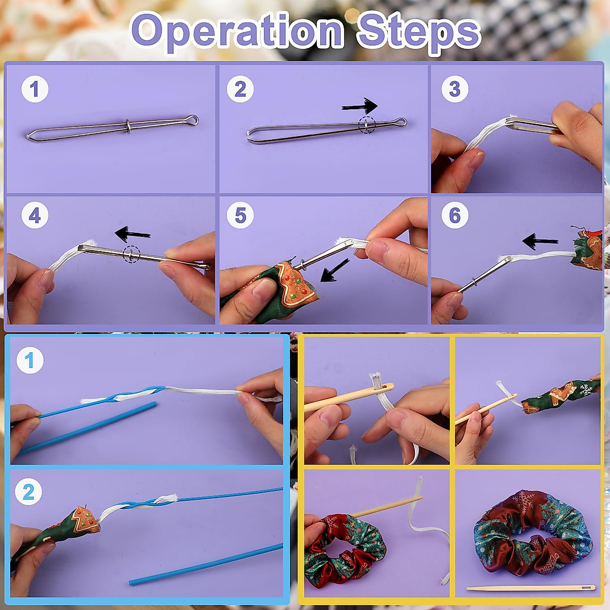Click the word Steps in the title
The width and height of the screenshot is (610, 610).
(x=418, y=32)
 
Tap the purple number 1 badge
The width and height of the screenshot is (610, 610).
(x=35, y=89)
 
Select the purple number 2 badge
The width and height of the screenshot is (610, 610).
(x=240, y=89)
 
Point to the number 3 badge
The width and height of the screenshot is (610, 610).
(x=454, y=89)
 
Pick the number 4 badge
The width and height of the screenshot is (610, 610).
(x=35, y=216)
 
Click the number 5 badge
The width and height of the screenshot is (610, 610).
(x=240, y=216)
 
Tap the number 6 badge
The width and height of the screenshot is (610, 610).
(x=454, y=216)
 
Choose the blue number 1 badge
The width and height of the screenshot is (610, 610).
(x=29, y=360)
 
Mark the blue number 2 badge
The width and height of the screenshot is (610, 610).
(x=29, y=492)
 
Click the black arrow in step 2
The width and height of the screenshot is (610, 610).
(x=360, y=106)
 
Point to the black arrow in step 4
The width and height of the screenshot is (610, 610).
(x=132, y=234)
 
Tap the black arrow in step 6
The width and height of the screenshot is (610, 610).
(x=540, y=240)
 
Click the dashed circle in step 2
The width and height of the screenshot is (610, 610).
(x=367, y=125)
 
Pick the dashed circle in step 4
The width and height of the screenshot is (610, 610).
(x=131, y=254)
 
